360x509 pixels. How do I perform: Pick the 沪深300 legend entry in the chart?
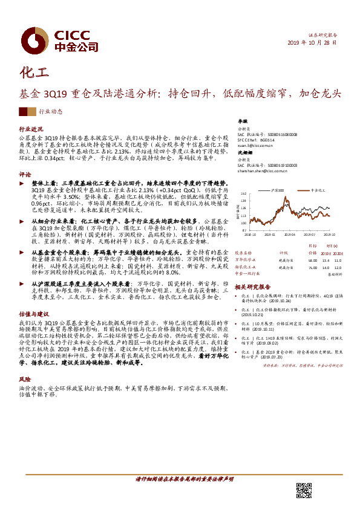(x=278, y=190)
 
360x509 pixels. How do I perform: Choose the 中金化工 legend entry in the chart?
(x=318, y=190)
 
